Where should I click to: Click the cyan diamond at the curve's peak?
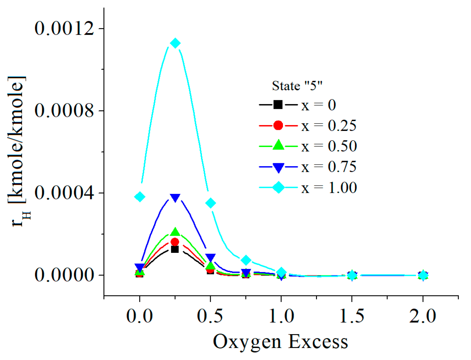coord(175,43)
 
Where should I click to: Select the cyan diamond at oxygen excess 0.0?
coord(140,197)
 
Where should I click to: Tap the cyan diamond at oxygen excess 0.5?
coord(211,203)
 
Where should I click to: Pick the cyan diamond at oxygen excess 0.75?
coord(246,260)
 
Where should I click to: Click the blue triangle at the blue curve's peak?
coord(175,198)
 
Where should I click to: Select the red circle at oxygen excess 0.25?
coord(175,242)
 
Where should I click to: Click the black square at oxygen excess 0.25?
coord(175,249)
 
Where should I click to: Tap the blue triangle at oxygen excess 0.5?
coord(210,258)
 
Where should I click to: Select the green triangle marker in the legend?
coord(278,145)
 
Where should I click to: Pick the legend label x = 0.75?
coord(329,167)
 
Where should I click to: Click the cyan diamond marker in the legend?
coord(279,188)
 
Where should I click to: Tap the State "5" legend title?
coord(297,86)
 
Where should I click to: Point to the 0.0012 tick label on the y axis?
coord(64,28)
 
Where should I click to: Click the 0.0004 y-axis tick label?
coord(64,193)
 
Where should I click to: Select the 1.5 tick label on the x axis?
coord(352,316)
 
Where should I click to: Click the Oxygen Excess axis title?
coord(280,342)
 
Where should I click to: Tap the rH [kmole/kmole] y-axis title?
coord(19,151)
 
